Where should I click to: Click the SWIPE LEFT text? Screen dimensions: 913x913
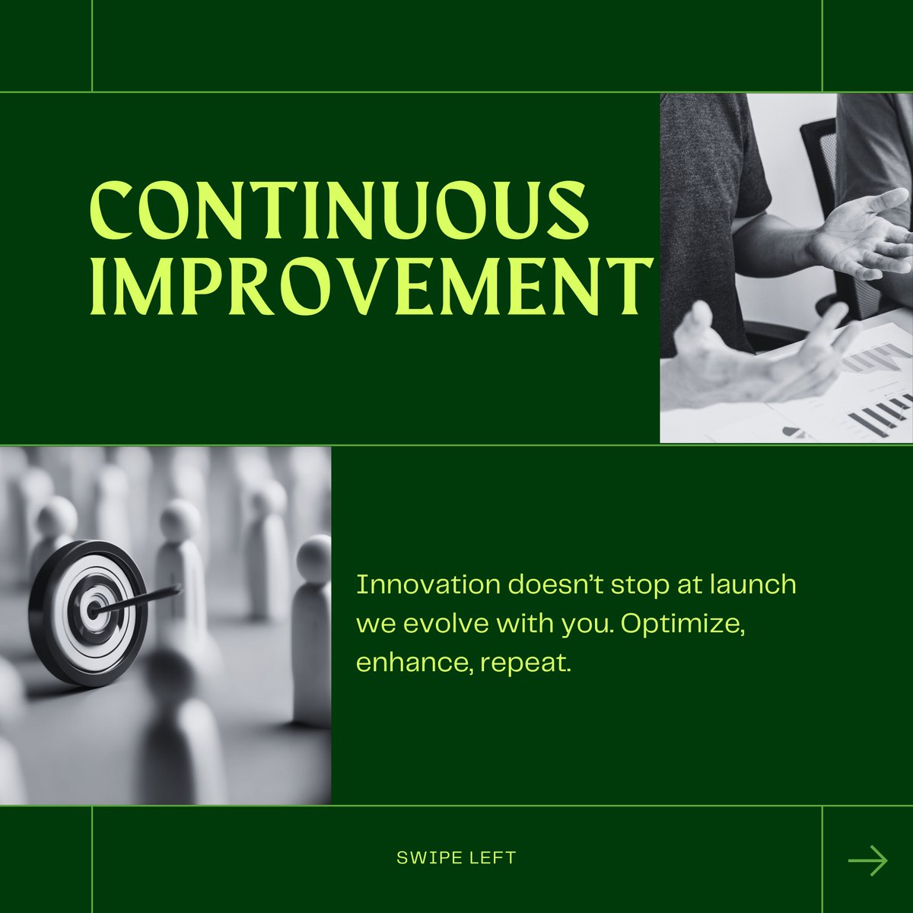(456, 858)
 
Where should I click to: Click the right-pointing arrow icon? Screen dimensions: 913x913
(867, 861)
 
